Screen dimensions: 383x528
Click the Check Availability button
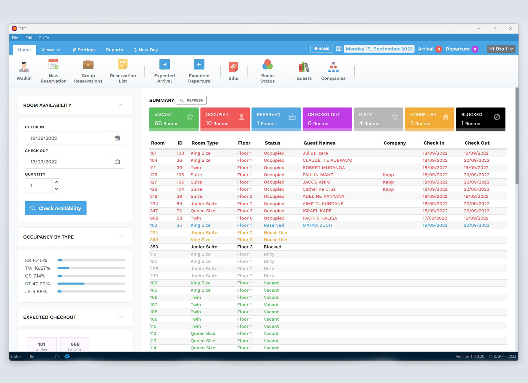56,208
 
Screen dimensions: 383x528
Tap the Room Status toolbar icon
267,71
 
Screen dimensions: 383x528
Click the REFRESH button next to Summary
192,100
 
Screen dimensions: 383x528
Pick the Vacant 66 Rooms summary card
174,119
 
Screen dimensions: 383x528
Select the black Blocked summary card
481,119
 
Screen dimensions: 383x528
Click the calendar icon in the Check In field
117,138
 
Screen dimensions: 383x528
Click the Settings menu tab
84,50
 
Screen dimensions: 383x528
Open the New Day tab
146,50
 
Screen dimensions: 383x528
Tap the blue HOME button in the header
322,49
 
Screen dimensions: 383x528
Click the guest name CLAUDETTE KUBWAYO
327,160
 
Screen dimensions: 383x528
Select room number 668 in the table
154,218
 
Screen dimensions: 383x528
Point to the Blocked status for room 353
272,247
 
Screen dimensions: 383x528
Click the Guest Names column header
319,143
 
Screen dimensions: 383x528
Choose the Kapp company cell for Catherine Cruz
388,189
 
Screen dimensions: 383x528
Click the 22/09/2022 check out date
476,189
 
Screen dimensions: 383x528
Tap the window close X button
510,29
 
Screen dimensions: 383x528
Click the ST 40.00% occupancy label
37,284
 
